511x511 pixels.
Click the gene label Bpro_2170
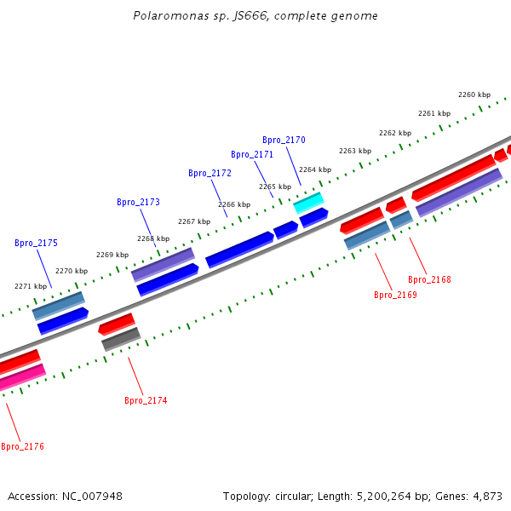click(284, 140)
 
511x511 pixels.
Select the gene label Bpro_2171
click(252, 154)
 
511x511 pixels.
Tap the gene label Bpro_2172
click(210, 173)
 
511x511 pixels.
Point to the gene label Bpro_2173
click(138, 202)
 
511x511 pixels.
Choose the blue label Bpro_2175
click(36, 243)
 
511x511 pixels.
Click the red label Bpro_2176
click(22, 446)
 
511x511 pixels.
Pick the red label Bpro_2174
click(146, 400)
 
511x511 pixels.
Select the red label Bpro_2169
click(395, 295)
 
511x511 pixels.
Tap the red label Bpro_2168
click(429, 279)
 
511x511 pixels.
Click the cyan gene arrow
click(308, 203)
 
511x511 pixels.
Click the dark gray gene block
click(120, 339)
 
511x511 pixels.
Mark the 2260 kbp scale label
click(474, 95)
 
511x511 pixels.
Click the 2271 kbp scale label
click(31, 286)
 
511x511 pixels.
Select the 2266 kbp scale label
click(234, 204)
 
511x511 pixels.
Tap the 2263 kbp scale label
click(355, 151)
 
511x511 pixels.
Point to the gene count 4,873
click(486, 496)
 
